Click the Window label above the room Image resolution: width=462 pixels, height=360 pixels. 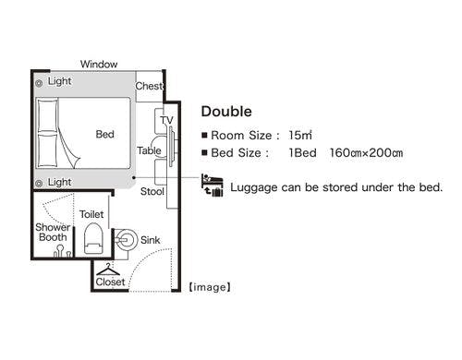[99, 64]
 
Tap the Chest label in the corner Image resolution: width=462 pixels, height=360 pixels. [149, 86]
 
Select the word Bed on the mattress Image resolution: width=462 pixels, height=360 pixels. [104, 134]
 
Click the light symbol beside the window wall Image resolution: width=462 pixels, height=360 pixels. [39, 83]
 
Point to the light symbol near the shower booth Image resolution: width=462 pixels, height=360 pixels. [39, 184]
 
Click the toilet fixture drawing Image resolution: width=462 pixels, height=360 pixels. [93, 238]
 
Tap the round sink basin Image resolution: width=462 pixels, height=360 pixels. [127, 240]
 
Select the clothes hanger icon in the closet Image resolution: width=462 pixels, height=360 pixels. [108, 270]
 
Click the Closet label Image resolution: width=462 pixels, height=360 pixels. [110, 282]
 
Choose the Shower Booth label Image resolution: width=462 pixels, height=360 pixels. [53, 233]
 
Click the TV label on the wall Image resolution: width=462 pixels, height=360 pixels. [166, 120]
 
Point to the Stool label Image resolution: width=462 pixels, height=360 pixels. [152, 191]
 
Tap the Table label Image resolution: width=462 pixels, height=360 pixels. [149, 150]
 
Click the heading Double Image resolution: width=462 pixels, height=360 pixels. [226, 112]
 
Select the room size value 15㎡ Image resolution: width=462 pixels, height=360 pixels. [300, 135]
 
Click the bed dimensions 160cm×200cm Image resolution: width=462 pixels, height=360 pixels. [366, 153]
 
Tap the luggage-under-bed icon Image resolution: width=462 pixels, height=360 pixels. [212, 185]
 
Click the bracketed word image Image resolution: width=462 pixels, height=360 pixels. [210, 287]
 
